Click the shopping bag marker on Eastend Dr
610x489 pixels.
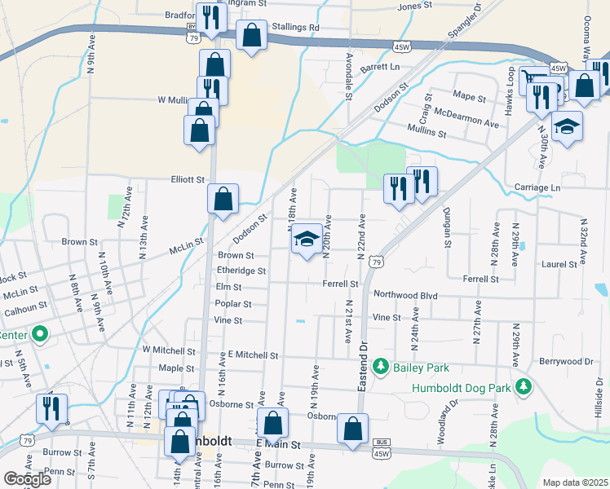tap(352, 430)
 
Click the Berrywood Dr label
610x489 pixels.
tap(566, 360)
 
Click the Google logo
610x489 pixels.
tap(27, 478)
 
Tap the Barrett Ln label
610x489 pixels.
tap(382, 66)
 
